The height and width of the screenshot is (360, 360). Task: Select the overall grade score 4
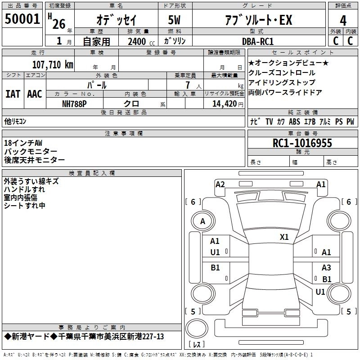[343, 21]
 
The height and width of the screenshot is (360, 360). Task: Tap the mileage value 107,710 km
[53, 64]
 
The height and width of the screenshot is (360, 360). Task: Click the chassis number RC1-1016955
[302, 143]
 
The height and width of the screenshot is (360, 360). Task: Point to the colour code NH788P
[74, 103]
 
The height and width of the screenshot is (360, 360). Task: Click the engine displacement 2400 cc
[137, 42]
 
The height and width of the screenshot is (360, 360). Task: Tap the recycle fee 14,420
[221, 103]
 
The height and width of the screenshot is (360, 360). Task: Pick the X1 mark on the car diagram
[284, 237]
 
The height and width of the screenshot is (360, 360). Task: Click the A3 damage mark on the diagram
[326, 267]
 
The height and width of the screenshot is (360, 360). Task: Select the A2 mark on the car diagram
[220, 184]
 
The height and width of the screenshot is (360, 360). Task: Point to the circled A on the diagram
[202, 221]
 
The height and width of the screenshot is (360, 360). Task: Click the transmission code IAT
[13, 94]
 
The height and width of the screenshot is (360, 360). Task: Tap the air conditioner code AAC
[34, 94]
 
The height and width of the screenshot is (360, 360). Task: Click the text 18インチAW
[23, 143]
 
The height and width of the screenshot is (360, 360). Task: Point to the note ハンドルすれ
[24, 189]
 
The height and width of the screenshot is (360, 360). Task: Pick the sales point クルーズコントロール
[282, 73]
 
